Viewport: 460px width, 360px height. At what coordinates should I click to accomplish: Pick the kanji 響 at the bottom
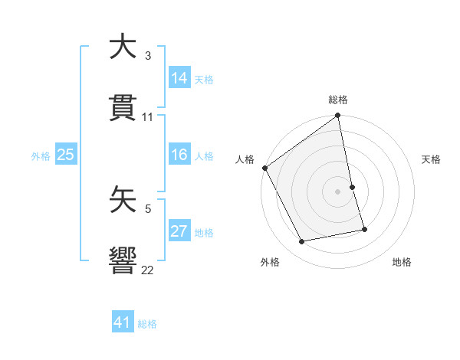(x=123, y=260)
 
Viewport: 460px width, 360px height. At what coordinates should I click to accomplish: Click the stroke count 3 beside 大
(x=148, y=56)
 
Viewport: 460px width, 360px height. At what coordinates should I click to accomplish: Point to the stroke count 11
(x=148, y=117)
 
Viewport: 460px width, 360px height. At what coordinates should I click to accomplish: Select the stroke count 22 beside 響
(x=148, y=270)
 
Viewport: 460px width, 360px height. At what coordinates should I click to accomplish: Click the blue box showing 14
(x=179, y=78)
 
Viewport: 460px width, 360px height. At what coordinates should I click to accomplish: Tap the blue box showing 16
(x=179, y=155)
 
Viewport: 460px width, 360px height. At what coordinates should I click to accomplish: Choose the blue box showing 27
(x=179, y=231)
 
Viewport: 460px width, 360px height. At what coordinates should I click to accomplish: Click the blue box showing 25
(x=66, y=155)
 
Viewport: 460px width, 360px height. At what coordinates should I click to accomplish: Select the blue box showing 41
(x=123, y=322)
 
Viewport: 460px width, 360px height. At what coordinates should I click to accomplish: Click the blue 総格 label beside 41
(x=147, y=324)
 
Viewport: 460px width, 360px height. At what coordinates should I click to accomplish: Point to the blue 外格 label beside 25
(x=41, y=156)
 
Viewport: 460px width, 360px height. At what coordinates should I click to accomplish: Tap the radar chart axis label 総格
(x=338, y=100)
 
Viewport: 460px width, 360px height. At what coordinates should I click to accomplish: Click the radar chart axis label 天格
(x=432, y=159)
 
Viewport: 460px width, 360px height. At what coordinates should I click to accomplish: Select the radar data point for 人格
(x=264, y=168)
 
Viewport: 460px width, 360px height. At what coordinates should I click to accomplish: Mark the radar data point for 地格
(x=364, y=229)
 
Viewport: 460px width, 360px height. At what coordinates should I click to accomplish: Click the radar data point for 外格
(x=302, y=242)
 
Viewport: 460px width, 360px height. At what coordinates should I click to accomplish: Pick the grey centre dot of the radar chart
(x=338, y=191)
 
